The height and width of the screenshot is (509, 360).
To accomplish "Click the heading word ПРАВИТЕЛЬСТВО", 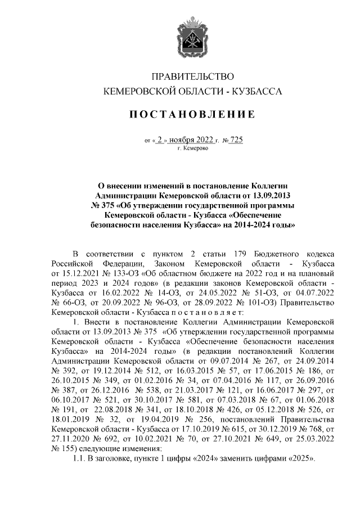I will point(188,76).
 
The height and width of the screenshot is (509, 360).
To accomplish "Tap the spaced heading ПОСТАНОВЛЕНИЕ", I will point(188,115).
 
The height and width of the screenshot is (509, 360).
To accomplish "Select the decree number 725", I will point(236,140).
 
